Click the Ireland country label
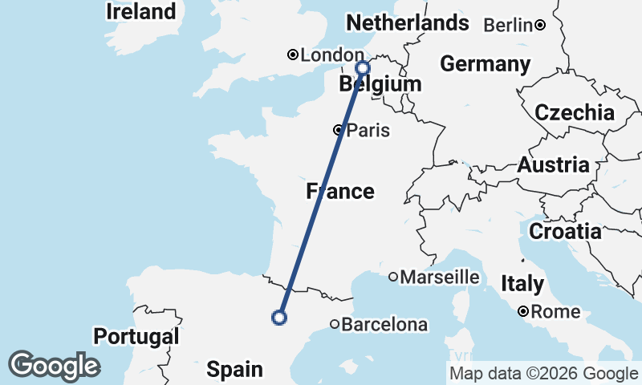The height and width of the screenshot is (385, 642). [x=141, y=12]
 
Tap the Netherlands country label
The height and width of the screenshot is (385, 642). [x=406, y=23]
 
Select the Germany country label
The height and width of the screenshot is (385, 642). [x=486, y=64]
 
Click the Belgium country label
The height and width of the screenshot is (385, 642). [x=380, y=84]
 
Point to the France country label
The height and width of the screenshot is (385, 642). [x=340, y=191]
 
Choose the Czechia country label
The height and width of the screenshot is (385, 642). [x=575, y=113]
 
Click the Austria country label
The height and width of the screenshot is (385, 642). [x=554, y=166]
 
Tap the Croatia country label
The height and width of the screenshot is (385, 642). [x=565, y=232]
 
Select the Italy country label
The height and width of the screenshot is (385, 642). [x=522, y=284]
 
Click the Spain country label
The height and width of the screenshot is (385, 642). [x=234, y=370]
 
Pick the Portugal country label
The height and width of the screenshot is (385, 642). [x=136, y=336]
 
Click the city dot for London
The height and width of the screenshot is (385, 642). [x=293, y=55]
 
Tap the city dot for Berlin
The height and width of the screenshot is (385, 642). [x=541, y=25]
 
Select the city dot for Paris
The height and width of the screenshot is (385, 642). [x=339, y=130]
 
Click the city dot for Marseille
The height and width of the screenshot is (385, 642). [x=393, y=278]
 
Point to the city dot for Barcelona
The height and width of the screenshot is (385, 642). [x=335, y=325]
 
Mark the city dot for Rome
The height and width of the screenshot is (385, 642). [x=523, y=311]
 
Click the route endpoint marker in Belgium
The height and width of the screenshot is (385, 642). [x=362, y=68]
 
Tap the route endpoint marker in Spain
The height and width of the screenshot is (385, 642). [x=279, y=318]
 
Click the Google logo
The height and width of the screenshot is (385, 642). [x=54, y=367]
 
